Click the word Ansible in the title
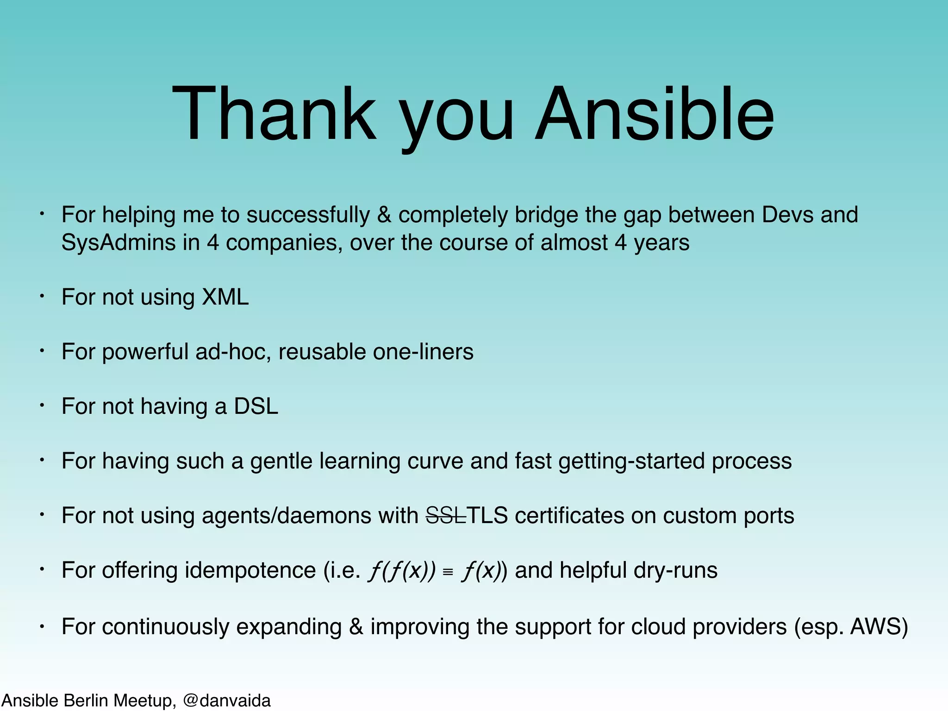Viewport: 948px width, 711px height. point(654,114)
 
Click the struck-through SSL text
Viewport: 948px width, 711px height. point(445,516)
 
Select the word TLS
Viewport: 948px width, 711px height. point(487,516)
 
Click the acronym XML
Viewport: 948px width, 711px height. point(225,297)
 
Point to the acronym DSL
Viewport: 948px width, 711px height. point(256,406)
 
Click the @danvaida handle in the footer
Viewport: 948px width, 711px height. point(226,700)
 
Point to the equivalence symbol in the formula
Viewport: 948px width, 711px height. point(447,573)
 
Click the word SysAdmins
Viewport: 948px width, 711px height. point(118,243)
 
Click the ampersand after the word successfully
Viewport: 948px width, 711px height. point(384,215)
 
